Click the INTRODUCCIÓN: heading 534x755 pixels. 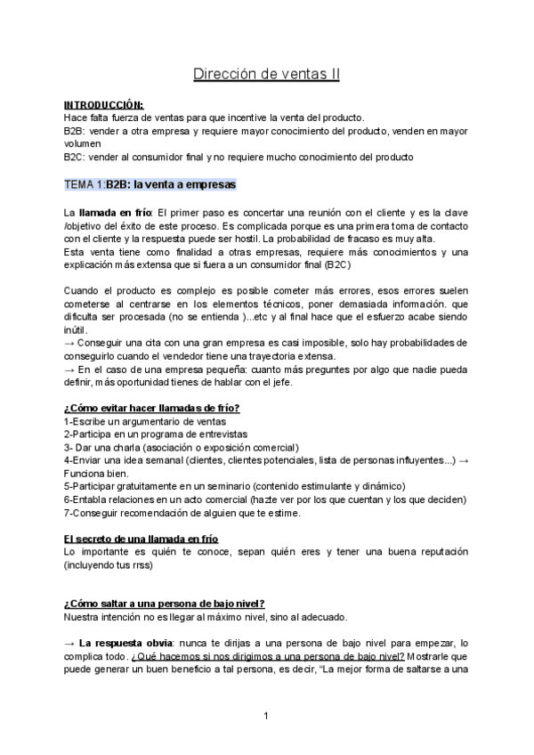(103, 104)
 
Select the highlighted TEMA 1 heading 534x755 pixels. (150, 184)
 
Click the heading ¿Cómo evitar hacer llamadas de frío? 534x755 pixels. (151, 408)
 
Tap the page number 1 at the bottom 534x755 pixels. (266, 715)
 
